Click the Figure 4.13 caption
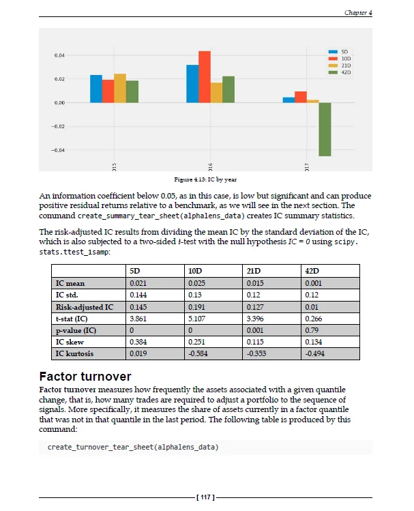click(205, 179)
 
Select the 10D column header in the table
click(196, 272)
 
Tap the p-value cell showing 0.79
click(312, 330)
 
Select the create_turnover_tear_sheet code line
click(133, 447)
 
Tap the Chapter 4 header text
click(358, 12)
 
